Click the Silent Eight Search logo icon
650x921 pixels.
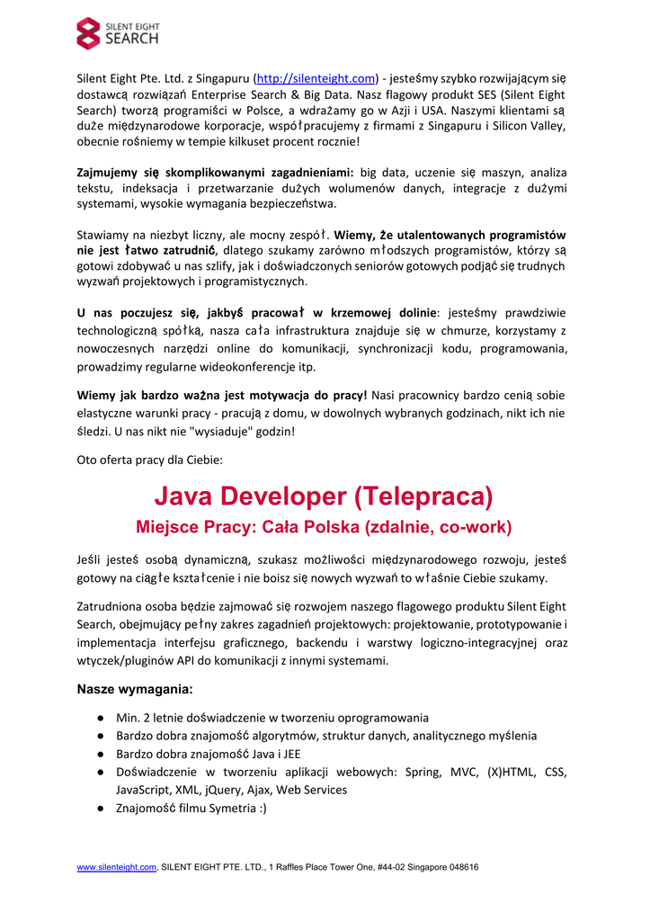90,33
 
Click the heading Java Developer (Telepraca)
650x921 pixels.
324,496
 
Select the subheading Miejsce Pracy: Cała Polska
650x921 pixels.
324,526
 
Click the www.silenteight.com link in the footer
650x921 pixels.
117,867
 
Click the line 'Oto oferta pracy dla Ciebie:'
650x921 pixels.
150,460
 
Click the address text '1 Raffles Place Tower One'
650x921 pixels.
328,867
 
